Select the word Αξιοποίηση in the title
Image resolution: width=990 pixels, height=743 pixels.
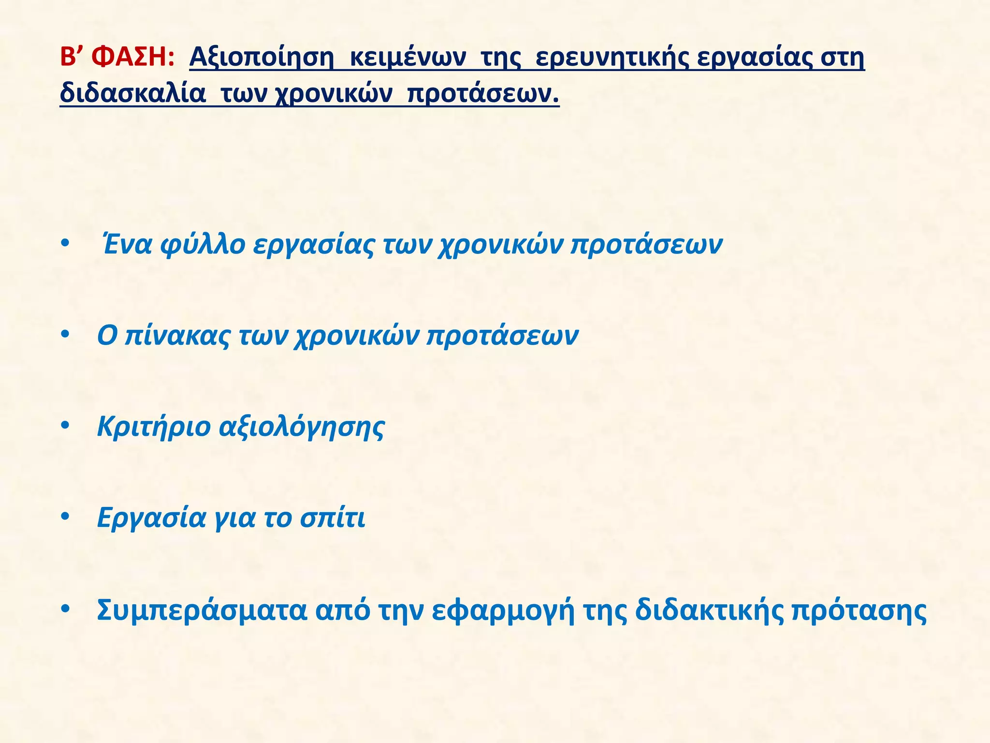point(262,59)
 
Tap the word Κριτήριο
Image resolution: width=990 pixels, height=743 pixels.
point(154,427)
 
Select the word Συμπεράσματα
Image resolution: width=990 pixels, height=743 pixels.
point(202,610)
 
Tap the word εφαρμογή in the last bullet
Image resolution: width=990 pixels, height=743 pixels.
point(503,610)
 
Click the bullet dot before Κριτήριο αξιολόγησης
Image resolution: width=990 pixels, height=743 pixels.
point(65,426)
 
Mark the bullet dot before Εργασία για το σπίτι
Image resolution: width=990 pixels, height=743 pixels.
point(65,517)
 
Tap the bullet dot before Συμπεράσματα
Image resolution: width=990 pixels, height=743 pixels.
point(65,609)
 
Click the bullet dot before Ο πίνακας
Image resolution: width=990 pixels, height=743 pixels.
point(65,334)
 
